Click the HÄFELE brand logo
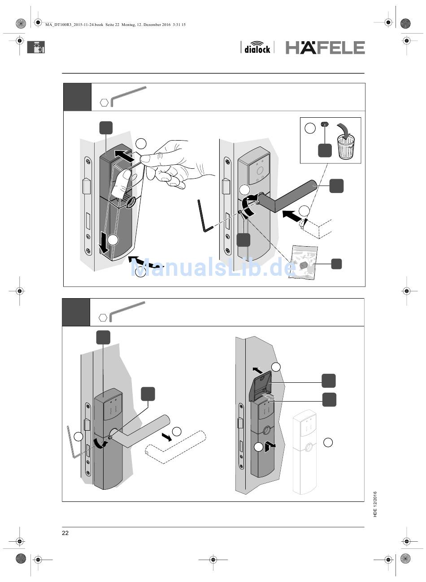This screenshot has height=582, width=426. point(325,47)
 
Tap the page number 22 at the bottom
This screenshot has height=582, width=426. point(65,533)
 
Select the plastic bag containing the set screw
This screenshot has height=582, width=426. point(303,262)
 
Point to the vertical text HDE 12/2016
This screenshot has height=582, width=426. point(375,504)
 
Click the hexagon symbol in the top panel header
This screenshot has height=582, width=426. point(104,103)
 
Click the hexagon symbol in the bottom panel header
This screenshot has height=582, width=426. point(103,317)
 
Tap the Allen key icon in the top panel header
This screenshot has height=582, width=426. point(128,96)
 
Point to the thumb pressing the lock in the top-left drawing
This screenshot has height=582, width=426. point(121,185)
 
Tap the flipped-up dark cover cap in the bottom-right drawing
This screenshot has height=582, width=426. point(261,386)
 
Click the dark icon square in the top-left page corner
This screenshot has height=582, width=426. point(36,47)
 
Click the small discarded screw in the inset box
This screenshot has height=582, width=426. point(325,124)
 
